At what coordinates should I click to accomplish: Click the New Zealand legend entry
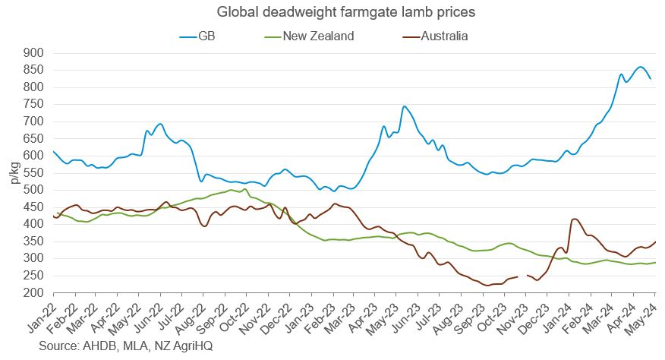318,35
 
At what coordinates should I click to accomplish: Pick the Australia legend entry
442,35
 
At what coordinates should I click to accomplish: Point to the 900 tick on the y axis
33,53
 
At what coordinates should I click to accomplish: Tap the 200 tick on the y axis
33,292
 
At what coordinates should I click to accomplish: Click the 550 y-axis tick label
33,173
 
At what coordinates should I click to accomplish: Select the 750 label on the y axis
33,105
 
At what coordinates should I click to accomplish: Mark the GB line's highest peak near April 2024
640,67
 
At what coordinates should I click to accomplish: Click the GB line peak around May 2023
404,106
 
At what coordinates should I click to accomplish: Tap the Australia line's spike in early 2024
574,219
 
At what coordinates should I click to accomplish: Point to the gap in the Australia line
522,276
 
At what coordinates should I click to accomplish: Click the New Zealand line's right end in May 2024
655,263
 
